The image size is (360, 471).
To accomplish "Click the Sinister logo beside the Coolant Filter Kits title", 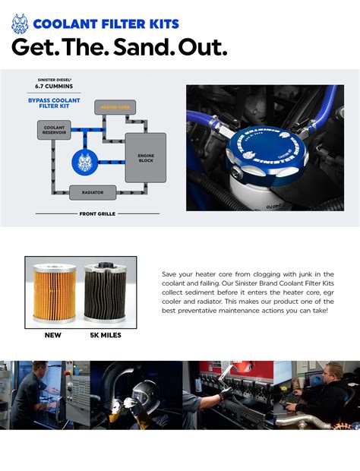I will point(21,24).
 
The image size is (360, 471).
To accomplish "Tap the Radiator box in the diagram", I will point(93,193).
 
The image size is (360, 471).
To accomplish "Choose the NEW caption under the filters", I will point(52,335).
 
